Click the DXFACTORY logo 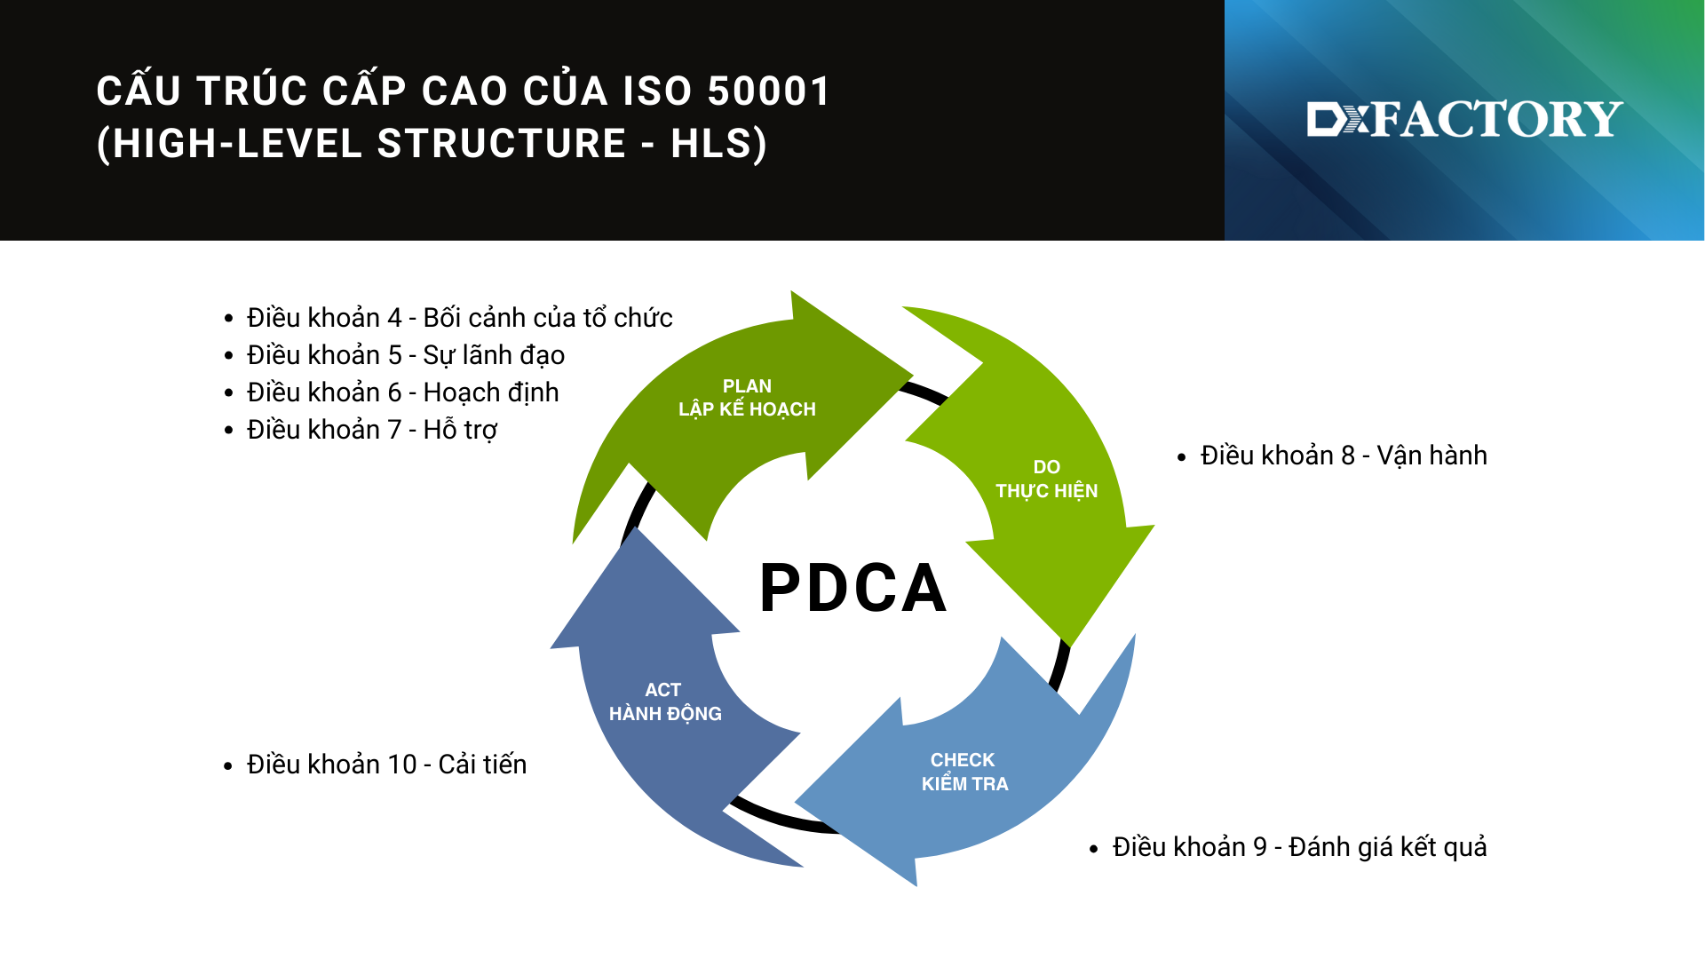pos(1464,119)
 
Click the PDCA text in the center pos(853,588)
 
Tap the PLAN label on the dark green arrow pos(747,386)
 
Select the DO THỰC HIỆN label pos(1046,479)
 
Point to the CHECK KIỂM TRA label pos(964,772)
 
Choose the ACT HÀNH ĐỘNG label pos(664,701)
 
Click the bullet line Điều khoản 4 pos(459,318)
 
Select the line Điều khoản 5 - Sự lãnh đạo pos(405,355)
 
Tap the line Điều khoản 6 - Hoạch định pos(402,392)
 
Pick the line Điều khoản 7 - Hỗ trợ pos(371,430)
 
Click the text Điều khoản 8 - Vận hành pos(1343,456)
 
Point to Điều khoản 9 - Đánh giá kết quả pos(1299,847)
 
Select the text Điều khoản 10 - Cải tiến pos(386,765)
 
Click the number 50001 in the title pos(769,91)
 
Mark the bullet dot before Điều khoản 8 pos(1181,457)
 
